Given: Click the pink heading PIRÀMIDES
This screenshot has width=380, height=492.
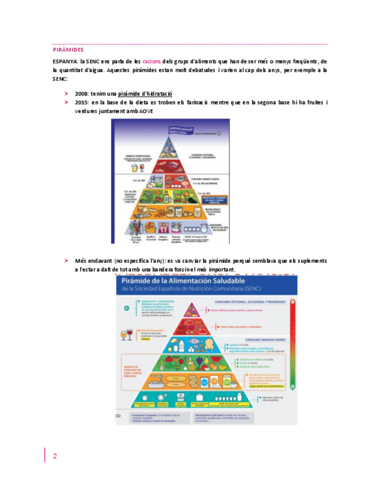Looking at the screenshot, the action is [68, 50].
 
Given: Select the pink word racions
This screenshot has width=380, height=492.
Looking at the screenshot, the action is [151, 61].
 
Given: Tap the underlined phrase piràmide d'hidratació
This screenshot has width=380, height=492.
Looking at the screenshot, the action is [145, 93].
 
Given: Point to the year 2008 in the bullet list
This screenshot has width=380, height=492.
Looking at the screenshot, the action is [82, 93].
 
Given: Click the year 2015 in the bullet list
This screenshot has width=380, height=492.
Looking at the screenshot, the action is [82, 102].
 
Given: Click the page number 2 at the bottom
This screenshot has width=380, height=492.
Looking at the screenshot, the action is [55, 455].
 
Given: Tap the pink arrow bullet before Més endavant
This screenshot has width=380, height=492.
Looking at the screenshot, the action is [67, 261].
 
